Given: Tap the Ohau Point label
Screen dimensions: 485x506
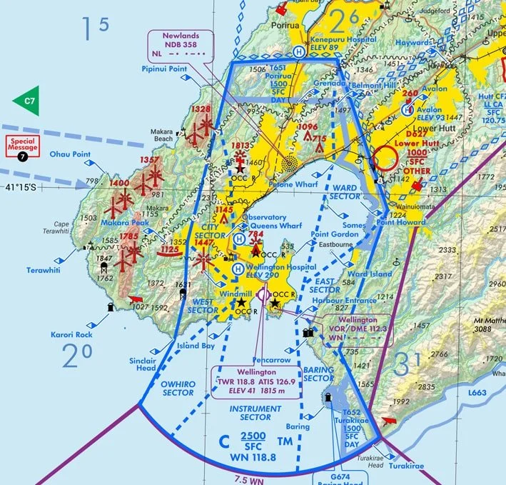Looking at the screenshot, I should pyautogui.click(x=69, y=154).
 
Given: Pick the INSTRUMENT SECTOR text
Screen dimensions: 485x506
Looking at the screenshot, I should pyautogui.click(x=250, y=412).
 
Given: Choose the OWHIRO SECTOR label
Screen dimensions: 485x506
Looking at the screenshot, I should pyautogui.click(x=178, y=388).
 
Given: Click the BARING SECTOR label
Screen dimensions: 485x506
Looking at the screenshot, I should pyautogui.click(x=318, y=374).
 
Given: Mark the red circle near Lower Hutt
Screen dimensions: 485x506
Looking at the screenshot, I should pyautogui.click(x=386, y=159).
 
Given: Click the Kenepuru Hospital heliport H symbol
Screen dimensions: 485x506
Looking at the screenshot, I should pyautogui.click(x=298, y=51).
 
